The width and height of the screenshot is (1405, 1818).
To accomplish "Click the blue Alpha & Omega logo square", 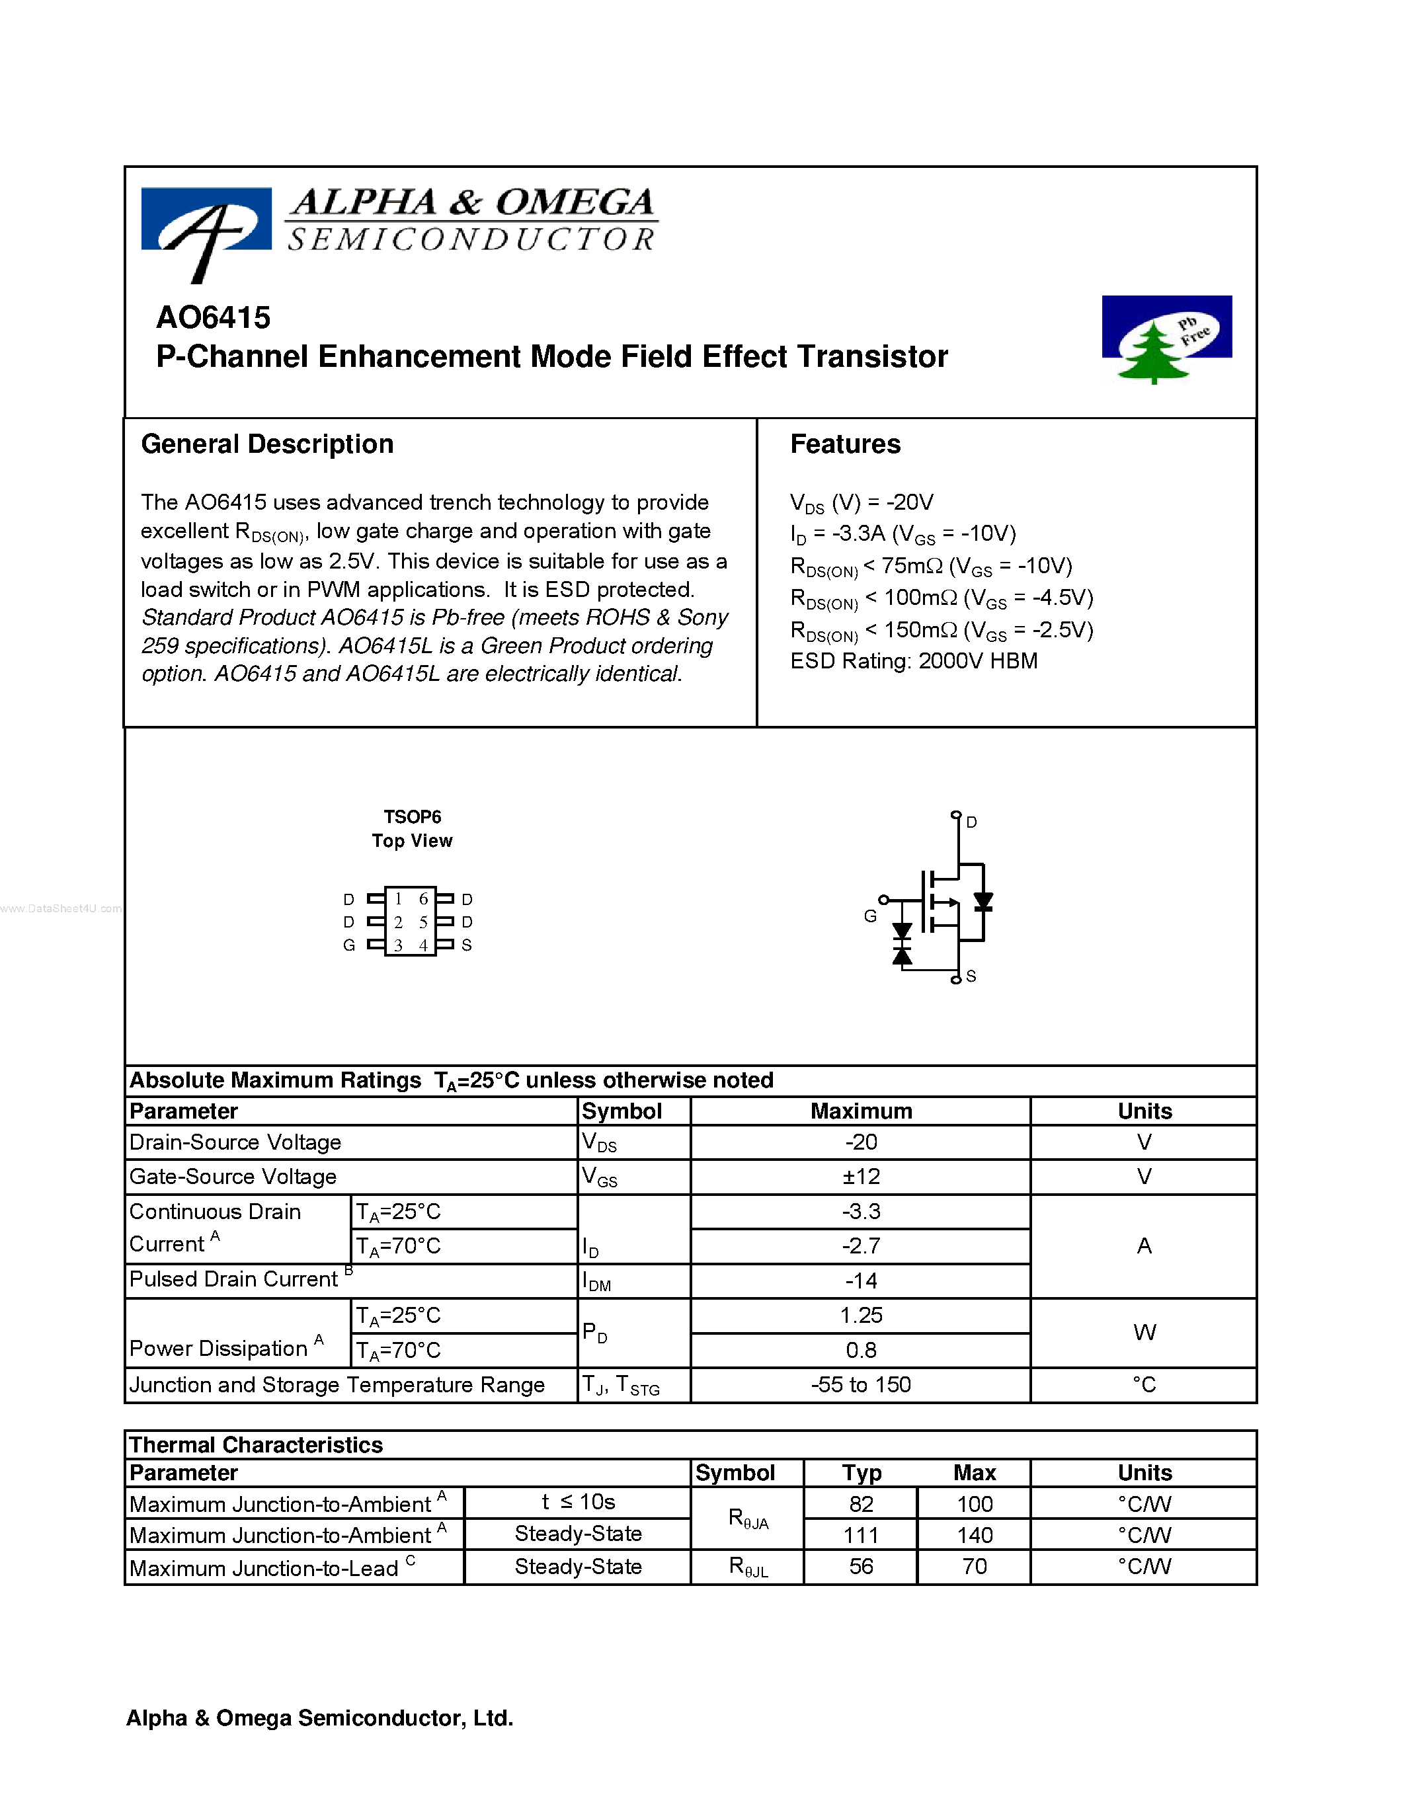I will coord(206,219).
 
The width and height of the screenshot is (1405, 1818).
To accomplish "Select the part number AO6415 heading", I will coord(213,317).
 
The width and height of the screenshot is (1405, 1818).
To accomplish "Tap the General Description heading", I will coord(267,444).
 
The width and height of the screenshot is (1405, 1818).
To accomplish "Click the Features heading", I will coord(845,444).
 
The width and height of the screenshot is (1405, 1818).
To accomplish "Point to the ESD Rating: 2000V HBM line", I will coord(913,661).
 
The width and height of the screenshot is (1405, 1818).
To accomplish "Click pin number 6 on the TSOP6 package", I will coord(423,899).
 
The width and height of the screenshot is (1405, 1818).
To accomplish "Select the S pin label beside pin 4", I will coord(467,945).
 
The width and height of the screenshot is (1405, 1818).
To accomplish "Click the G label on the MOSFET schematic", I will coord(870,916).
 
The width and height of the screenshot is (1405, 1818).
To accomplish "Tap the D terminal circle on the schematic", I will coord(955,815).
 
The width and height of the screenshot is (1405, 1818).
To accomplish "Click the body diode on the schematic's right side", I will coord(983,902).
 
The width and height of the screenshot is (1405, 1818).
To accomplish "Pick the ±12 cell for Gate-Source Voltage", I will coord(861,1177).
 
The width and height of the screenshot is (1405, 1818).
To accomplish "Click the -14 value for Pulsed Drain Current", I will coord(861,1281).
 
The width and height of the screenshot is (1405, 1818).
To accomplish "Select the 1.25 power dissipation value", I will coord(861,1315).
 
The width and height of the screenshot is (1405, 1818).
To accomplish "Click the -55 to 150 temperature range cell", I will coord(861,1385).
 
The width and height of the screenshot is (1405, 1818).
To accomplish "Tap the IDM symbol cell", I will coord(597,1282).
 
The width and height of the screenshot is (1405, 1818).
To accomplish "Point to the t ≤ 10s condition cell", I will coord(578,1503).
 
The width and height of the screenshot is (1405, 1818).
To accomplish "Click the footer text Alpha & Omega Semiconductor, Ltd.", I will coord(319,1718).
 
